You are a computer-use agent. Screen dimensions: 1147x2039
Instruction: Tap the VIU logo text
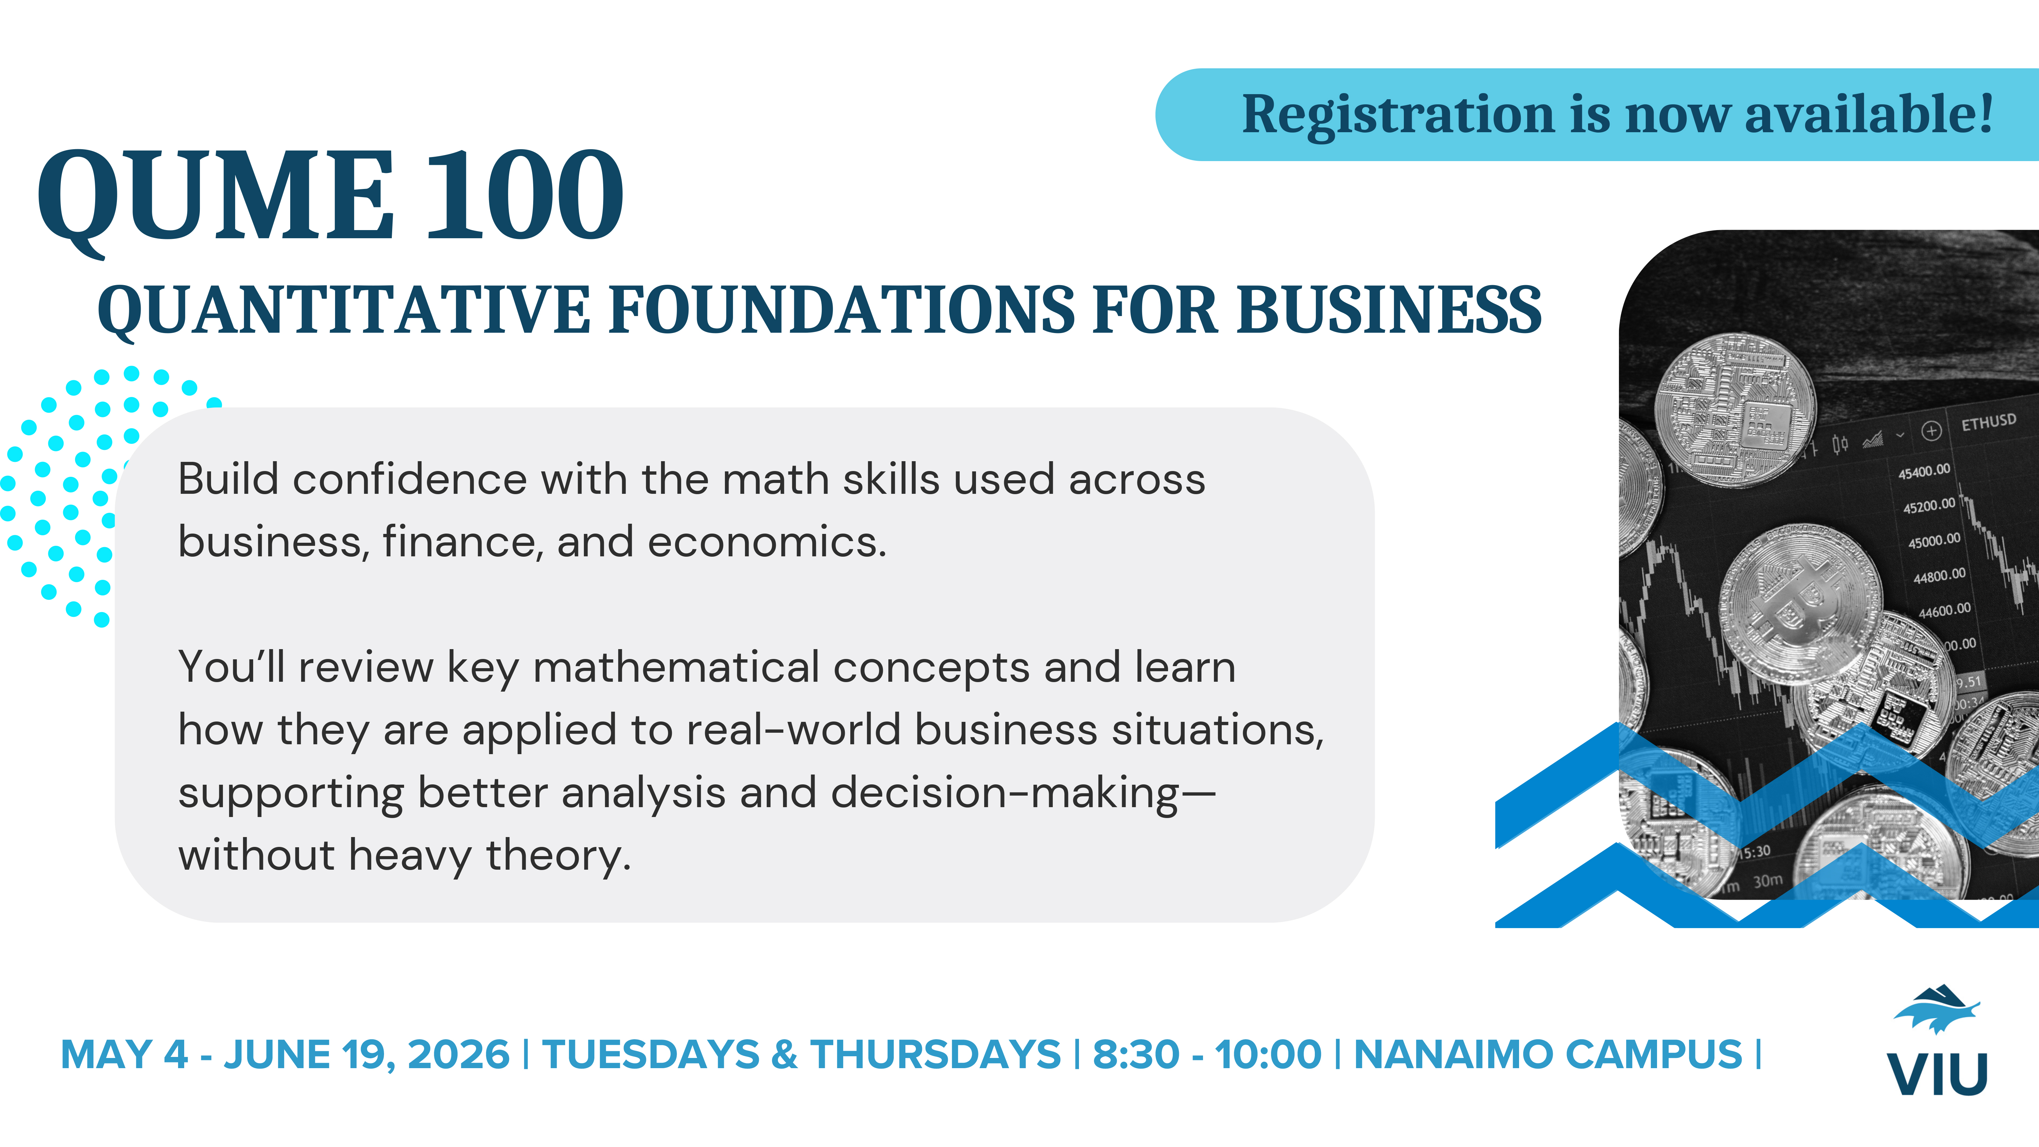pos(1937,1074)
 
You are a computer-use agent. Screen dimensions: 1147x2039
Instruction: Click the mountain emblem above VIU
pos(1937,1009)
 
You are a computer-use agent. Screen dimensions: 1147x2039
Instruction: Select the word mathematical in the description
pos(676,667)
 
